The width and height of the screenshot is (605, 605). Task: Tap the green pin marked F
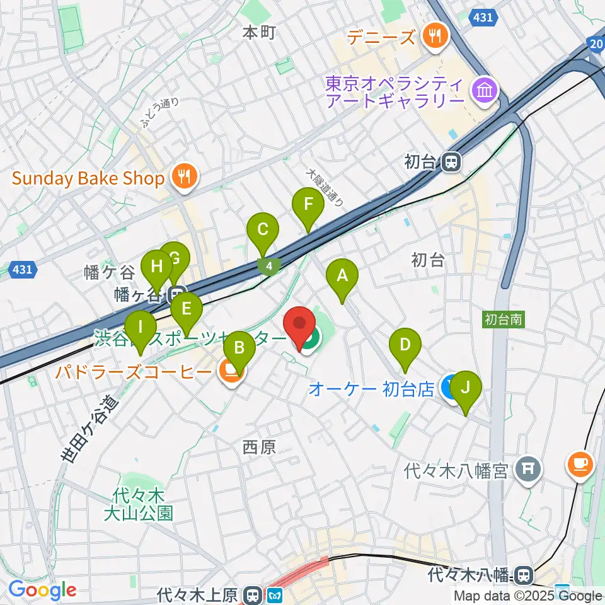tap(308, 205)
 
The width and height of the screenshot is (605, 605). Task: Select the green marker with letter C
tap(262, 230)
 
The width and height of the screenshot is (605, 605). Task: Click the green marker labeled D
tap(405, 345)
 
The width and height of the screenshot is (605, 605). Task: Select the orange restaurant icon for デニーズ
tap(435, 36)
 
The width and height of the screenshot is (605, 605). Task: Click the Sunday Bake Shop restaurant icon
tap(183, 178)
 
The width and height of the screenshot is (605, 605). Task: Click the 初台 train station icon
tap(451, 163)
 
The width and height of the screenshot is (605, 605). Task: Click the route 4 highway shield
tap(269, 267)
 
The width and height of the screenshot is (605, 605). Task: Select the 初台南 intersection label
tap(504, 320)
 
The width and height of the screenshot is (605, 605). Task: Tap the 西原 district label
tap(259, 447)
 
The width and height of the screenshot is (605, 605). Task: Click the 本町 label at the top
tap(259, 33)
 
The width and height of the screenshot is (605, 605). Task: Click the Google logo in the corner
tap(42, 591)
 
